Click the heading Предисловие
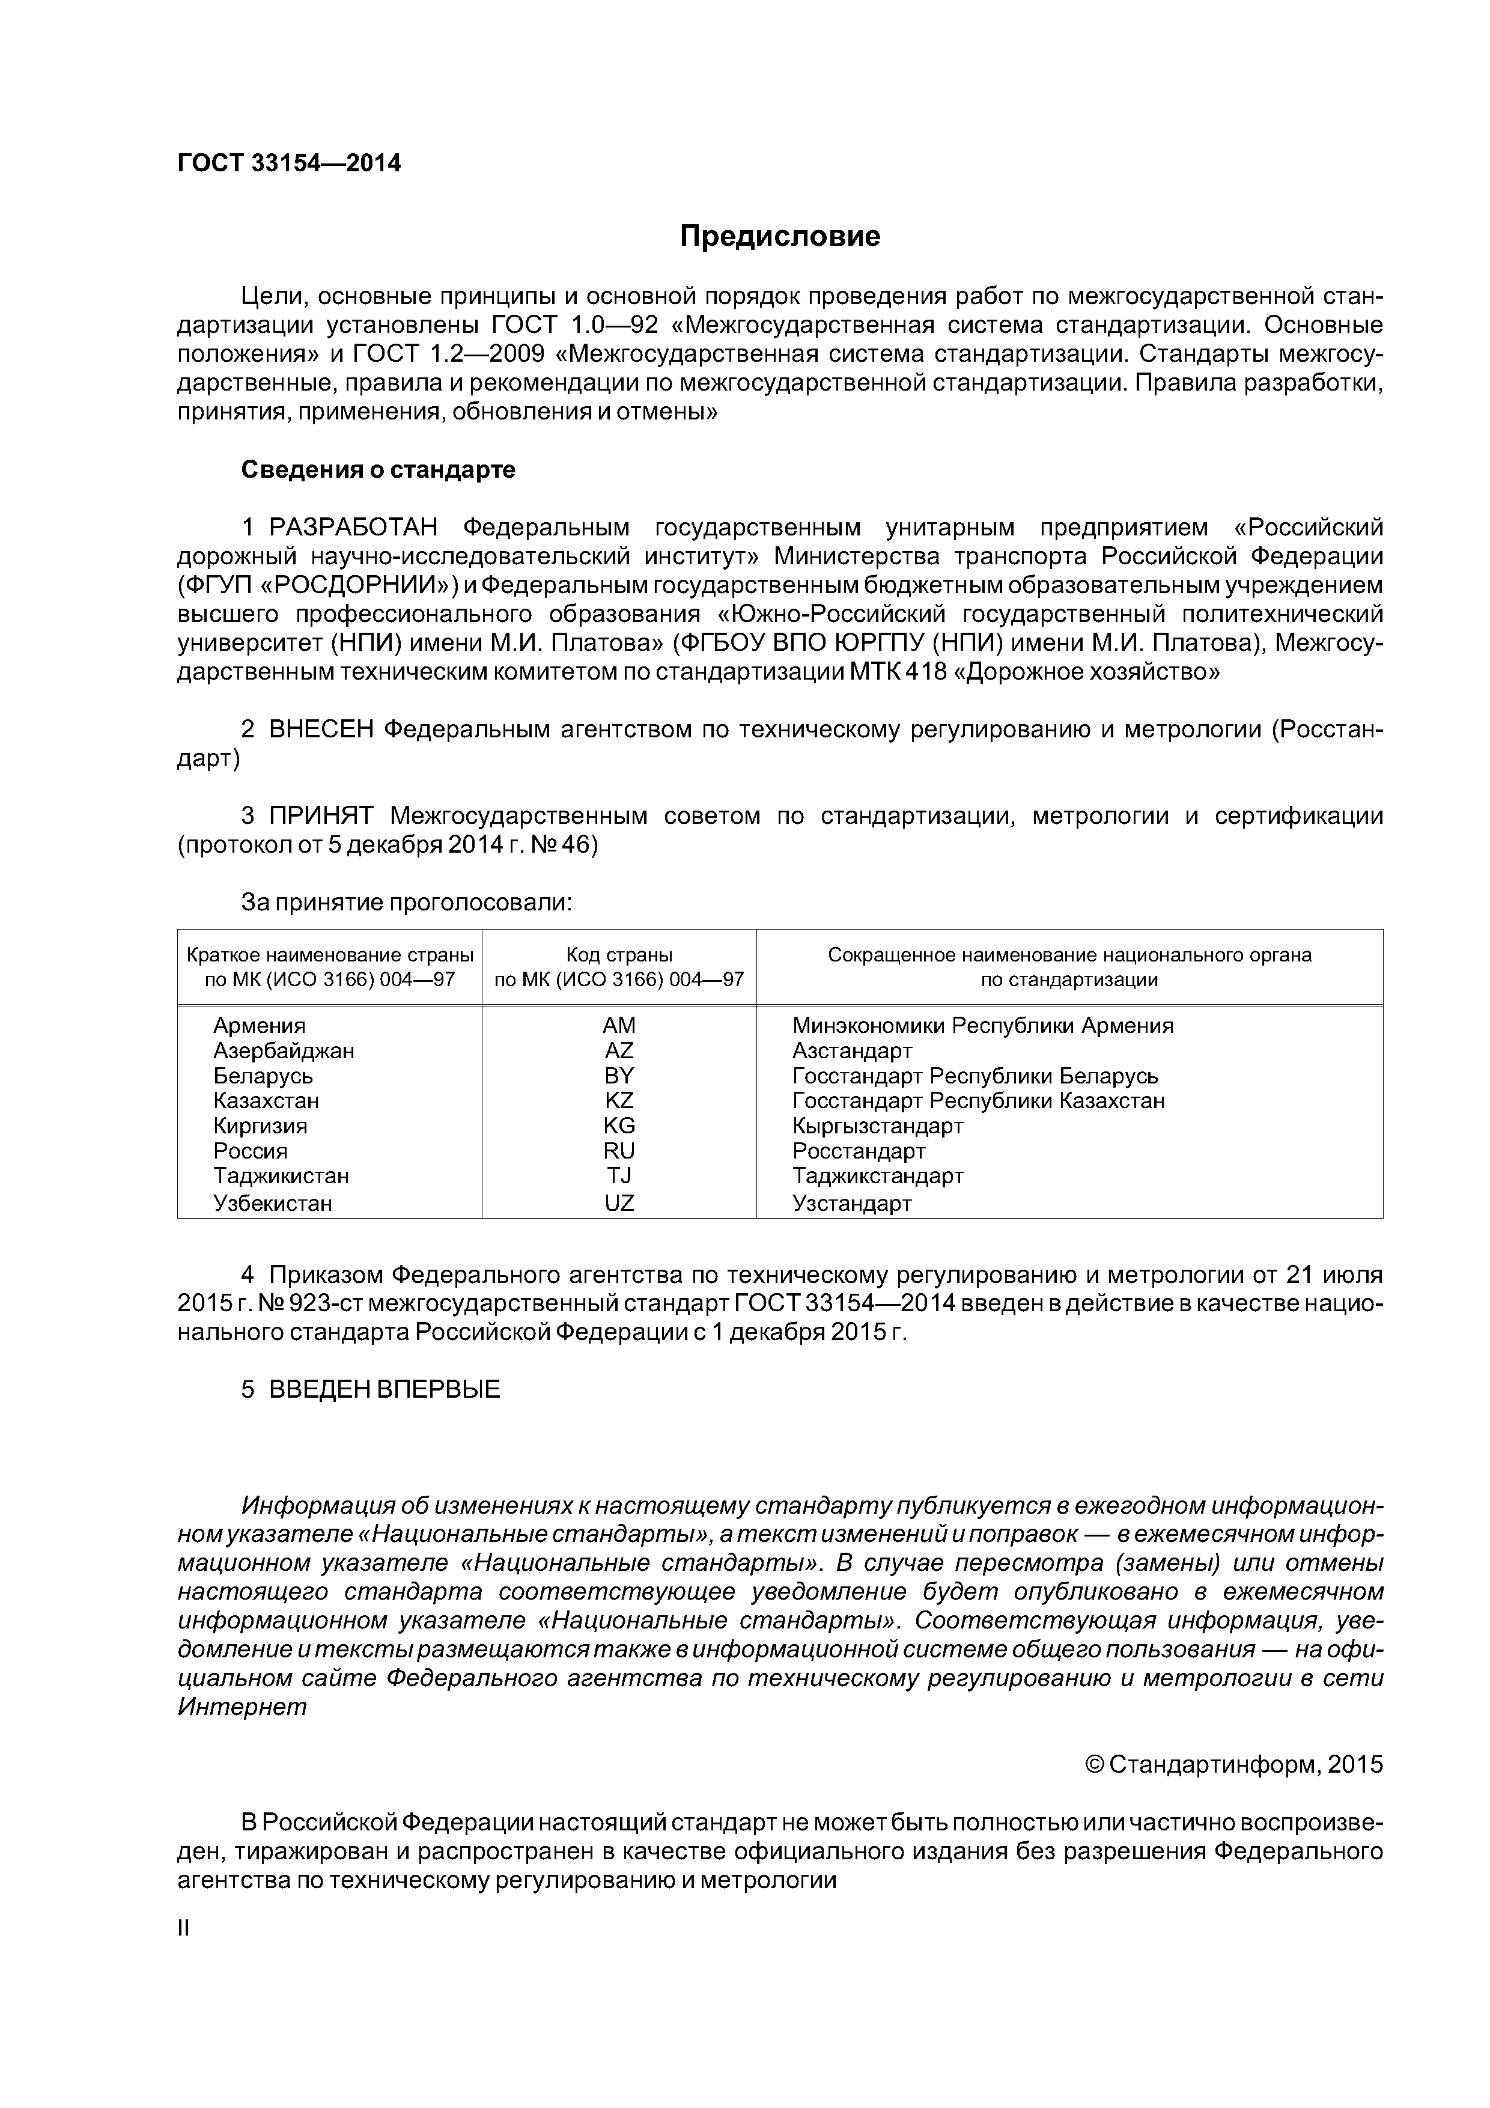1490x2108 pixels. coord(779,237)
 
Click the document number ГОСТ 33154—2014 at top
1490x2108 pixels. coord(289,163)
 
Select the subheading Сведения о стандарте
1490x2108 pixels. coord(379,470)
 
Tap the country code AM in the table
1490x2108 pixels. coord(619,1026)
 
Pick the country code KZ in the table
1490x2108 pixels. coord(619,1100)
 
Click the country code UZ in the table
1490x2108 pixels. coord(619,1203)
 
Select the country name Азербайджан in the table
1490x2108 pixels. coord(284,1050)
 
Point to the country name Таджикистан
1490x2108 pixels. coord(281,1175)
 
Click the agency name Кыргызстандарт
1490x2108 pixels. coord(878,1126)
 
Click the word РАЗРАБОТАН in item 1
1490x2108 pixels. coord(353,528)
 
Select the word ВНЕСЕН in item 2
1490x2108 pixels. coord(321,730)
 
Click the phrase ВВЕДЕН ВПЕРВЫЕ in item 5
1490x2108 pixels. coord(385,1389)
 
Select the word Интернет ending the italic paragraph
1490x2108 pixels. coord(242,1707)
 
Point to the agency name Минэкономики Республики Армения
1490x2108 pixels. coord(982,1026)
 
